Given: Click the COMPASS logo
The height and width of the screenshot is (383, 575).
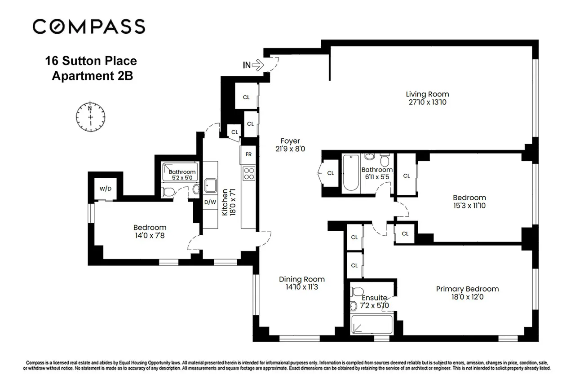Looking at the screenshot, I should click(89, 26).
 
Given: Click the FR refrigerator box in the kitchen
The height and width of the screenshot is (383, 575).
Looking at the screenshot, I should click(248, 154).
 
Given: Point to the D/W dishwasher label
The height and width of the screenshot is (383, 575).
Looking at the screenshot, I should click(210, 202).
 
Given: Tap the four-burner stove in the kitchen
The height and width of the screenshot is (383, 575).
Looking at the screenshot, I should click(248, 173).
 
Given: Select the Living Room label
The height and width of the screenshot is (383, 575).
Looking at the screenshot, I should click(427, 94).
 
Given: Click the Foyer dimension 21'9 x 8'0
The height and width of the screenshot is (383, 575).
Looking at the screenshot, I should click(290, 149).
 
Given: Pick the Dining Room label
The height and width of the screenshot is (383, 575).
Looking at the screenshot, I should click(301, 279).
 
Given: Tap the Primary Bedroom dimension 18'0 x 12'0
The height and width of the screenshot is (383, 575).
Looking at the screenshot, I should click(467, 297).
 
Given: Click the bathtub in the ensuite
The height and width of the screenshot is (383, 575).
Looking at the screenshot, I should click(371, 324).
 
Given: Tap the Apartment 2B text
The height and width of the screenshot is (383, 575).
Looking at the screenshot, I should click(93, 76).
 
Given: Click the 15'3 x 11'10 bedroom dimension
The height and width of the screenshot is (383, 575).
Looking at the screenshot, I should click(469, 206).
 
